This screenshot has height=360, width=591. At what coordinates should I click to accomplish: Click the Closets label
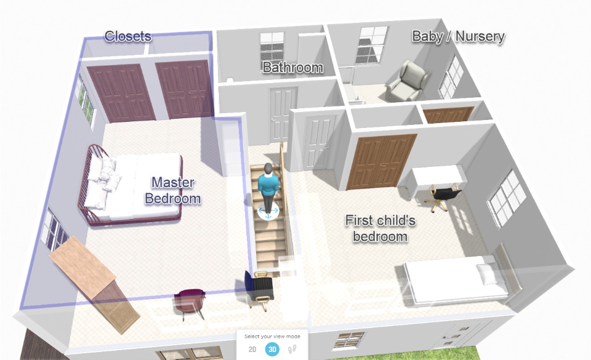[128, 36]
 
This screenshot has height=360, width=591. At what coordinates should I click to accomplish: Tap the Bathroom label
[293, 68]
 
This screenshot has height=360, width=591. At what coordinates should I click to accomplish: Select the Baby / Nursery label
[458, 36]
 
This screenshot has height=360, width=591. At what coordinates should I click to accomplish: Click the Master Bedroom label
[172, 191]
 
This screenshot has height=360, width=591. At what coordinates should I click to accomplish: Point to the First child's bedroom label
[380, 228]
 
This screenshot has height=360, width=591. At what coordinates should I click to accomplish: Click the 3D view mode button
[272, 350]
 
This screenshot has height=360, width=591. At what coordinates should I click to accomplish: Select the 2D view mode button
[252, 350]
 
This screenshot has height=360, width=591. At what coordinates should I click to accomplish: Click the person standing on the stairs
[268, 188]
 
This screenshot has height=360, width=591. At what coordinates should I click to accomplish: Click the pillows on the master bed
[102, 181]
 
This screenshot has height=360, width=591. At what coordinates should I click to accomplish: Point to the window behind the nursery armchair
[372, 45]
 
